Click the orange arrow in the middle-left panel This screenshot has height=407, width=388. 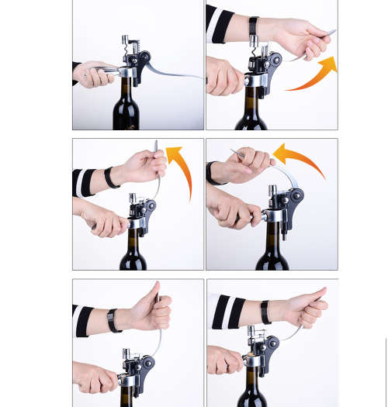[182, 167]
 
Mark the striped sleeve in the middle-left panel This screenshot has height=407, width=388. [83, 181]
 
